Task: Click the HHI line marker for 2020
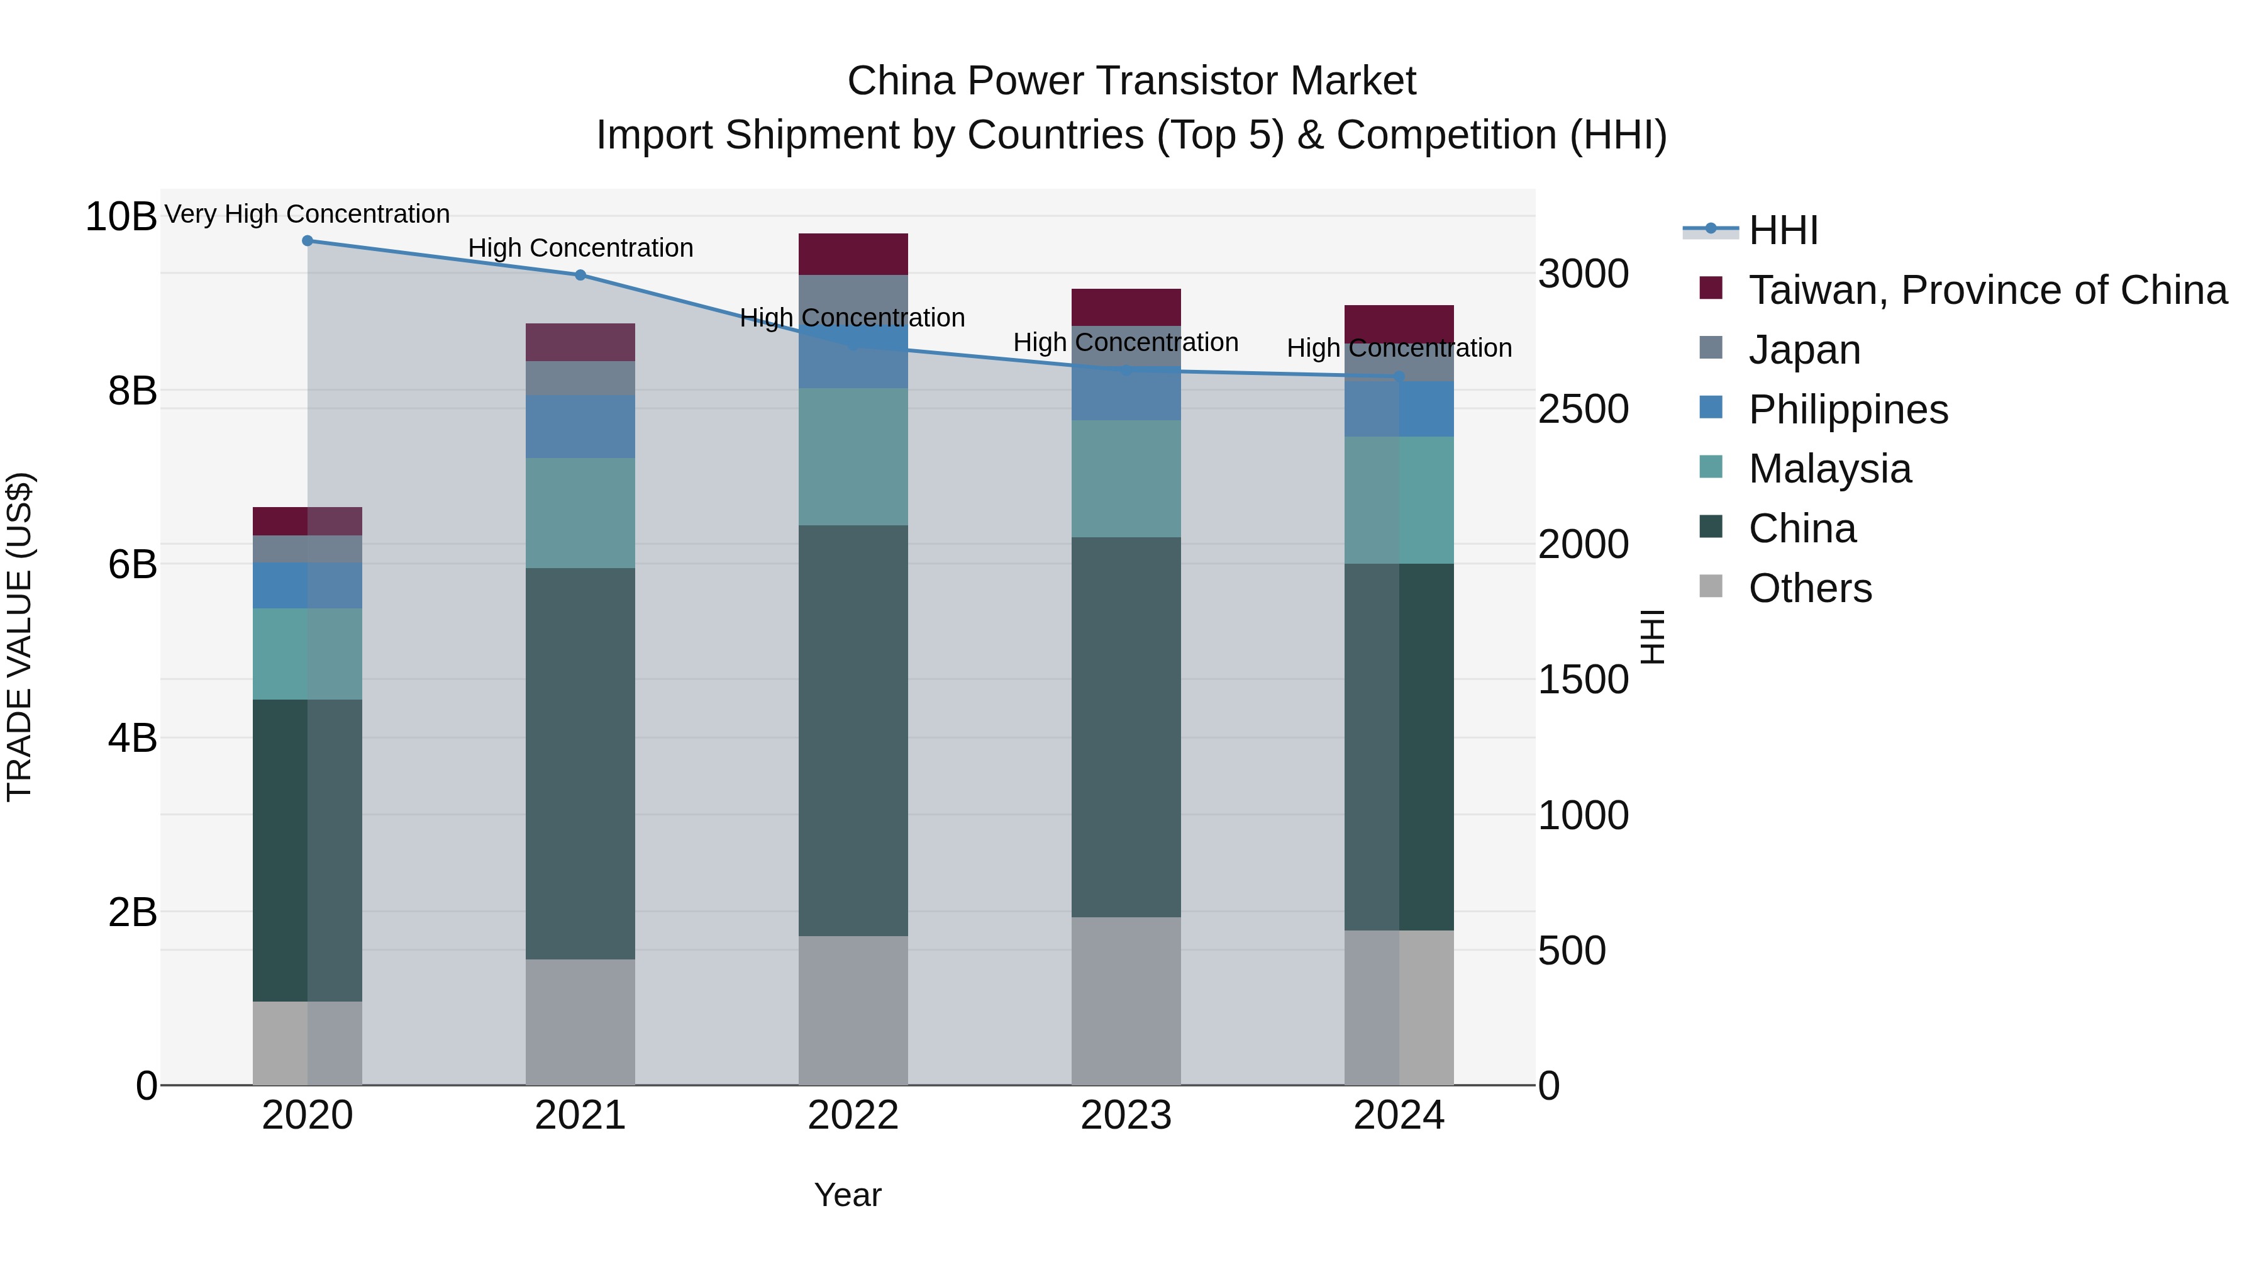tap(308, 241)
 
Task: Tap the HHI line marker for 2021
tap(580, 275)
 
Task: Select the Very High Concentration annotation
tap(307, 214)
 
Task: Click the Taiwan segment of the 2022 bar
tap(853, 254)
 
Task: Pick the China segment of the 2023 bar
tap(1126, 727)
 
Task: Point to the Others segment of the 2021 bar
tap(580, 1022)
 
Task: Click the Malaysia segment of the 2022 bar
tap(853, 457)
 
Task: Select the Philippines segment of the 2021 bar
tap(580, 427)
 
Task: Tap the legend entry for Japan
tap(1804, 350)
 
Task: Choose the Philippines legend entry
tap(1848, 410)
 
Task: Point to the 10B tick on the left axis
tap(120, 217)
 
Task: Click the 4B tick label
tap(132, 739)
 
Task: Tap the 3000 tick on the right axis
tap(1583, 274)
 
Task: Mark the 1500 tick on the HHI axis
tap(1583, 679)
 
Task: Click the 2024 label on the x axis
tap(1398, 1115)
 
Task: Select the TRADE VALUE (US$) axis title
tap(19, 637)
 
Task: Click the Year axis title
tap(847, 1195)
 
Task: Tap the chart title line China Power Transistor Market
tap(1131, 81)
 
